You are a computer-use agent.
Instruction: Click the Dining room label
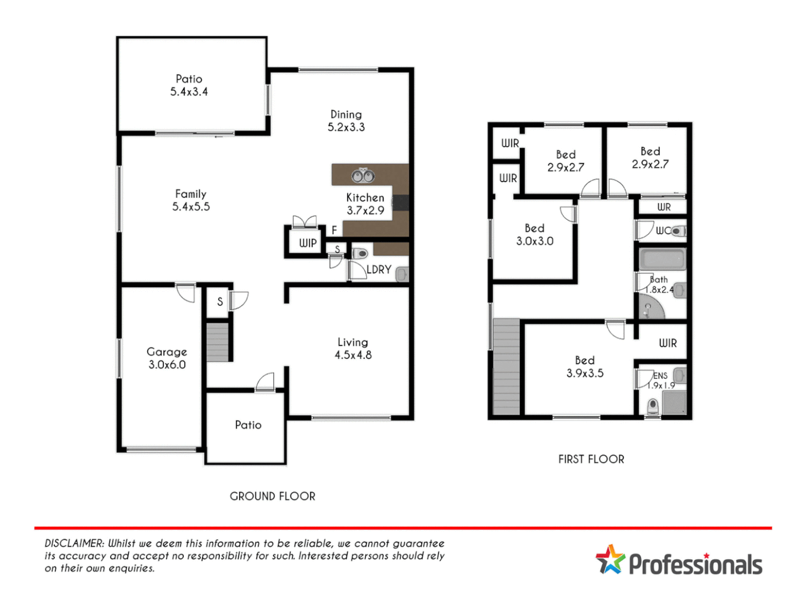(x=346, y=121)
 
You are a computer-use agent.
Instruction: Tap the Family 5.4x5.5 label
(x=191, y=200)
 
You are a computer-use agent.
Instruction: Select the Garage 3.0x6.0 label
(x=167, y=358)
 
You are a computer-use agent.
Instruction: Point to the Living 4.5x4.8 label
(x=353, y=349)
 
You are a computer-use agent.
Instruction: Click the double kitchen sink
(x=363, y=176)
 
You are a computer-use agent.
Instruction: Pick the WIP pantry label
(x=308, y=243)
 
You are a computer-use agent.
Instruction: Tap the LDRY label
(x=379, y=270)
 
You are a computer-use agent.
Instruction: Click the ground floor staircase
(x=218, y=342)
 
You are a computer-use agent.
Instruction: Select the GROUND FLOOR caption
(x=272, y=497)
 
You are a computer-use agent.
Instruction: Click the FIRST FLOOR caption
(x=591, y=460)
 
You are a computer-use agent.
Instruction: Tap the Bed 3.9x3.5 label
(x=585, y=367)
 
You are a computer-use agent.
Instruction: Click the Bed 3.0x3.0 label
(x=535, y=235)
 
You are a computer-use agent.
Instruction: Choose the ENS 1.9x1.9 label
(x=661, y=380)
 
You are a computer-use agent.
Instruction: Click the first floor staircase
(x=507, y=367)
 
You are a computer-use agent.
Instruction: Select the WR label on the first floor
(x=664, y=207)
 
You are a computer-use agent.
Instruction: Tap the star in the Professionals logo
(x=610, y=560)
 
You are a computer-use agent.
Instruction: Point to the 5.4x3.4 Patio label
(x=189, y=85)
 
